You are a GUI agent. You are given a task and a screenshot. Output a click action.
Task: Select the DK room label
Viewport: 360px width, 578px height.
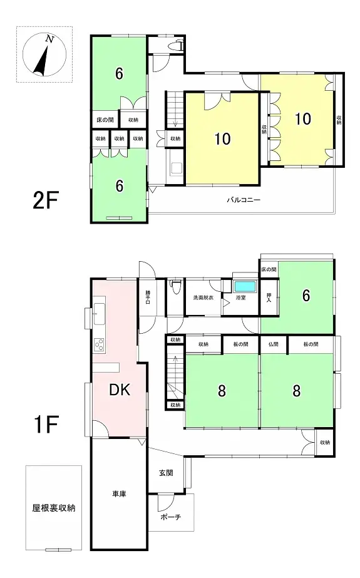[x=119, y=390]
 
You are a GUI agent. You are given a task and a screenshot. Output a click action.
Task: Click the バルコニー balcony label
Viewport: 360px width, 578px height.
[x=244, y=201]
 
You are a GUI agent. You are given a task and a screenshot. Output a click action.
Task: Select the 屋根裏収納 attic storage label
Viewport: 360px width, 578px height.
[x=54, y=508]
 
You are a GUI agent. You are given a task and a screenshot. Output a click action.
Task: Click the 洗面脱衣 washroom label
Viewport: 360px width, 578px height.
[x=203, y=297]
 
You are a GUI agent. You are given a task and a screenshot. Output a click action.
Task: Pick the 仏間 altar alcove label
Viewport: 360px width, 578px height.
[x=274, y=344]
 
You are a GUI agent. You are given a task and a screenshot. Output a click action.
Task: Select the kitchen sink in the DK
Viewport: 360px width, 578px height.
[x=100, y=312]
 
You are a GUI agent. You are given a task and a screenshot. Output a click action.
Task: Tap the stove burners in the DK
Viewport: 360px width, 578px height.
[x=99, y=344]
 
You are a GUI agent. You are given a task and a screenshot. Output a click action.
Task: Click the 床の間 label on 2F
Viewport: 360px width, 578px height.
[x=105, y=119]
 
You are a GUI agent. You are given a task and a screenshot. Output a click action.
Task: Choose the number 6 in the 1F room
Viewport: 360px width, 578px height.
[x=306, y=296]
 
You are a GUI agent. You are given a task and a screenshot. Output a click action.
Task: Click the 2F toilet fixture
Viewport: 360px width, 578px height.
[x=180, y=45]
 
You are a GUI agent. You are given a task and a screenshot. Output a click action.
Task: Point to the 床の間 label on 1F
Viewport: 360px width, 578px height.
[x=267, y=269]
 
